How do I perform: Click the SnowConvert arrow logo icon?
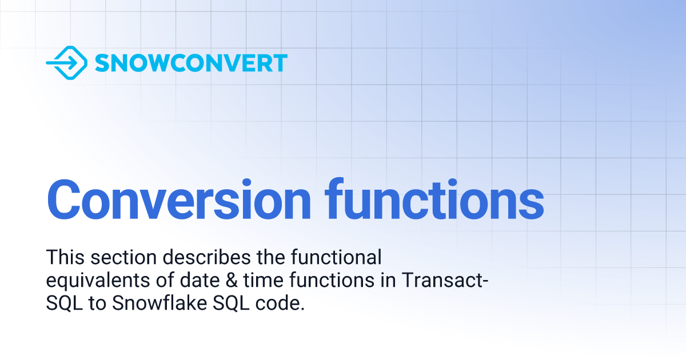point(66,62)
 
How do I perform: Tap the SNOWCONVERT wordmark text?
point(191,63)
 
